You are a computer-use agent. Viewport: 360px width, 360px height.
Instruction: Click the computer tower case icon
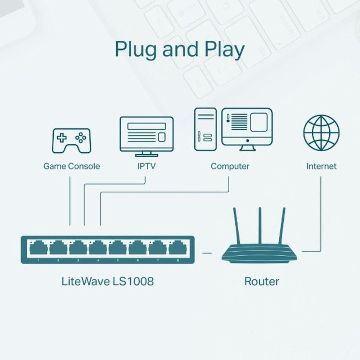click(x=206, y=129)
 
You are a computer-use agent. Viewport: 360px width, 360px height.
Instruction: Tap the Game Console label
click(x=72, y=166)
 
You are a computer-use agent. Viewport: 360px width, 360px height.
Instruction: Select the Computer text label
click(x=230, y=166)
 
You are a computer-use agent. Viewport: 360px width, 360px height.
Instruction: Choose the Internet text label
click(x=321, y=166)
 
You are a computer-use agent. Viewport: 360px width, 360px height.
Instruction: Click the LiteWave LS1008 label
click(x=108, y=281)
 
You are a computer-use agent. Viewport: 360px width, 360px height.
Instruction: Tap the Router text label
click(x=262, y=281)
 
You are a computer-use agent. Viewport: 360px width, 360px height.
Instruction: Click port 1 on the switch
click(x=38, y=248)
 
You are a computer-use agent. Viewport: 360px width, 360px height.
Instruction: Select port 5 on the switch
click(x=118, y=248)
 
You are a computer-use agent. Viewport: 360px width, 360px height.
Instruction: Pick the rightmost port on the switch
click(x=177, y=248)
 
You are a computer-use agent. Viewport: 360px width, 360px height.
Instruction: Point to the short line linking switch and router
click(x=207, y=253)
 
